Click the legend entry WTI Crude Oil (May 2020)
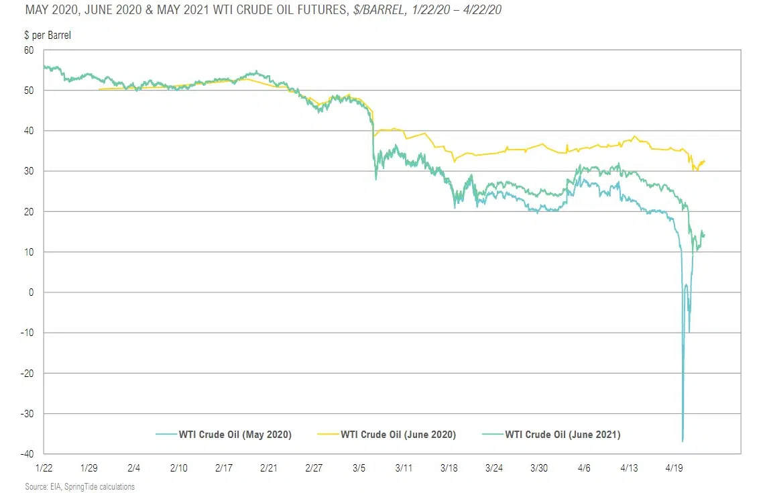[235, 435]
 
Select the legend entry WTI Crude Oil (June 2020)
[398, 435]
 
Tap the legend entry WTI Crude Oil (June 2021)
[563, 435]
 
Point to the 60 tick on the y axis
[29, 50]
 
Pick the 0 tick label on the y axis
[31, 292]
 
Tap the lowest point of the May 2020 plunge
[683, 441]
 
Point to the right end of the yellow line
[705, 161]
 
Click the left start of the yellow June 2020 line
[99, 89]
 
